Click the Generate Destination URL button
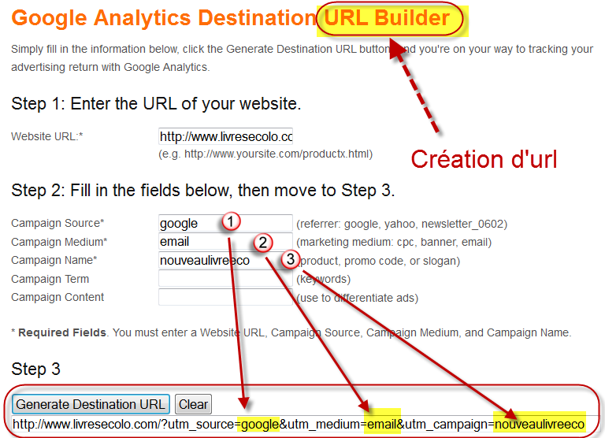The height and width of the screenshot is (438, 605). point(91,404)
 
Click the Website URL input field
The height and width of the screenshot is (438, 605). point(225,136)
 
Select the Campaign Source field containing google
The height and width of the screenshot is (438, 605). point(225,223)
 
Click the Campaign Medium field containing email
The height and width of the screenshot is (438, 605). point(225,242)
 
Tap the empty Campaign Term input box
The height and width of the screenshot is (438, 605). point(225,279)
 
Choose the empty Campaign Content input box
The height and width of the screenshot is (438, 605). point(225,297)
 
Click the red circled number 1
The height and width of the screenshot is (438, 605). point(231,221)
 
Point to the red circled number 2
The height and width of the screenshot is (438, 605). point(263,243)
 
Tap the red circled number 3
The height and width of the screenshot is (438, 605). point(291,259)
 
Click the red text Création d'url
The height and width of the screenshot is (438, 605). point(484,159)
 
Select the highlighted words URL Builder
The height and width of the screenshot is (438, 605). point(387,18)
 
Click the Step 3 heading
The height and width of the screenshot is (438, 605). point(36,369)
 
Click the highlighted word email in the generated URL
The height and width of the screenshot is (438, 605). point(381,424)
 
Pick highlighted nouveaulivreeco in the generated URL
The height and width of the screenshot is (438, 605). point(540,424)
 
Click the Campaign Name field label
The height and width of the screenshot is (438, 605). point(54,260)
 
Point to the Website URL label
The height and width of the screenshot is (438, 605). point(47,136)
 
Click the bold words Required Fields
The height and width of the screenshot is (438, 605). point(62,332)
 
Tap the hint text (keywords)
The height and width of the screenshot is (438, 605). point(323,279)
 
